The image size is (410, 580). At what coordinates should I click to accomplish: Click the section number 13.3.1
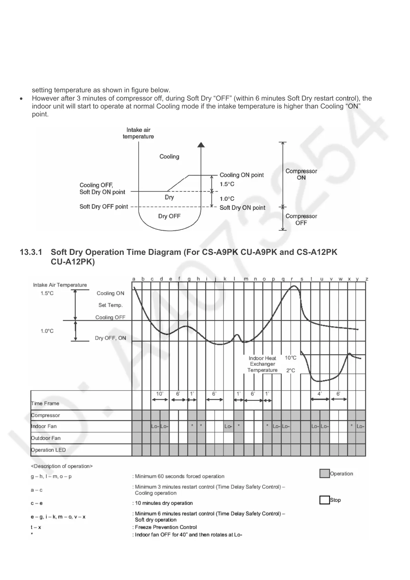[x=31, y=252]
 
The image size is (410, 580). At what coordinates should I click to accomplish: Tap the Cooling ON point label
[x=242, y=175]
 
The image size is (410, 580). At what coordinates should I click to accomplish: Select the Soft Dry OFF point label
[x=103, y=207]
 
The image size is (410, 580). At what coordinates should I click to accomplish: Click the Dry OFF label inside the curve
[x=169, y=216]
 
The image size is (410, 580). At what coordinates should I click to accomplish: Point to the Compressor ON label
[x=301, y=174]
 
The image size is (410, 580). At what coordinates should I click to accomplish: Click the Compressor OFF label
[x=301, y=219]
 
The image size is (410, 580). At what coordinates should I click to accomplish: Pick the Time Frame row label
[x=45, y=403]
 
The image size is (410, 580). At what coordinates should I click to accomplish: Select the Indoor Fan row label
[x=44, y=426]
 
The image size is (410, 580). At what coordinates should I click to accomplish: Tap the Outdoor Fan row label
[x=46, y=438]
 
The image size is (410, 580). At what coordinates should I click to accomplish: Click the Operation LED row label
[x=48, y=450]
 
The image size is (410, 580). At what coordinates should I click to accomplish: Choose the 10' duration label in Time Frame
[x=160, y=394]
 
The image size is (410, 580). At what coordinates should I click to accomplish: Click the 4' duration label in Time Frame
[x=320, y=394]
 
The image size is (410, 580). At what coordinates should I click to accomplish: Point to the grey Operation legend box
[x=325, y=474]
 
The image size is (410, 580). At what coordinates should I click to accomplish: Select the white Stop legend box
[x=325, y=500]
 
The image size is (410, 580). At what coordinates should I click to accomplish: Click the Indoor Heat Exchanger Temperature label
[x=263, y=364]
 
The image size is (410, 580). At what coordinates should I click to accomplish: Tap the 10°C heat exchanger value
[x=290, y=358]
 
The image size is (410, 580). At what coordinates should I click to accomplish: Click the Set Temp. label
[x=110, y=305]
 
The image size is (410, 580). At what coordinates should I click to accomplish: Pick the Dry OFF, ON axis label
[x=110, y=338]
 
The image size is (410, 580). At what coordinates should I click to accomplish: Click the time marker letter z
[x=367, y=279]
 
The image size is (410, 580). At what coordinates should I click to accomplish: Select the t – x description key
[x=36, y=527]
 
